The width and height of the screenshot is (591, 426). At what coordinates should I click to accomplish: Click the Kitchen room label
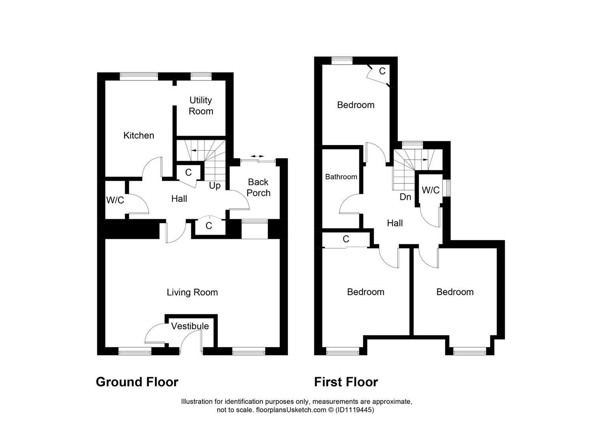(139, 135)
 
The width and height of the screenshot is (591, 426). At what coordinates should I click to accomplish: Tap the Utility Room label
(201, 106)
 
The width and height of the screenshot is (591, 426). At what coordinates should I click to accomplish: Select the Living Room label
(192, 292)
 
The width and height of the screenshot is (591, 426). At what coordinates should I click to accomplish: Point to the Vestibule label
(190, 326)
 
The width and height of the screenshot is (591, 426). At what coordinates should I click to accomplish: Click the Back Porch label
(258, 187)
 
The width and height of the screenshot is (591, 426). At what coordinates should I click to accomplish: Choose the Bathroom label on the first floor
(341, 177)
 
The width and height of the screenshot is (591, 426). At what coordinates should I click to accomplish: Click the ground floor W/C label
(115, 200)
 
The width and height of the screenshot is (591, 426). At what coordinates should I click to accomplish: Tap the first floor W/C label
(430, 190)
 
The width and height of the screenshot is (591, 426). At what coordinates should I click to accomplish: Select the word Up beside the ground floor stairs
(215, 185)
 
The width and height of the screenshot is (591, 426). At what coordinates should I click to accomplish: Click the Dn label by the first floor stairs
(405, 197)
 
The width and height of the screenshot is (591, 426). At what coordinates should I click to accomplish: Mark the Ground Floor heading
(137, 382)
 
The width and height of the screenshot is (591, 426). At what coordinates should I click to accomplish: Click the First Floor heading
(346, 382)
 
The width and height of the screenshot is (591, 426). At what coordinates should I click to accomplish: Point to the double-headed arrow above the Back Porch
(257, 157)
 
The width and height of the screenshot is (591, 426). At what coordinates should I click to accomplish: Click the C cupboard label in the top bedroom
(382, 71)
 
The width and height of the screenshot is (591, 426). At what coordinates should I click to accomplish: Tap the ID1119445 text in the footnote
(354, 410)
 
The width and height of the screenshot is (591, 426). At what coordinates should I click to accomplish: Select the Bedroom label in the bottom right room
(455, 292)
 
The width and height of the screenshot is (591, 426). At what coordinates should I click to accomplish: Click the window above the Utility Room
(201, 76)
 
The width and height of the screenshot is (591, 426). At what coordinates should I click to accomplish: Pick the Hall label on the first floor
(395, 223)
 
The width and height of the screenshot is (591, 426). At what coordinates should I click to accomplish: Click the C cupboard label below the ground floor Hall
(209, 226)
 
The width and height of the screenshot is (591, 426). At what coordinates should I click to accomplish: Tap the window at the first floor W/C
(448, 188)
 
